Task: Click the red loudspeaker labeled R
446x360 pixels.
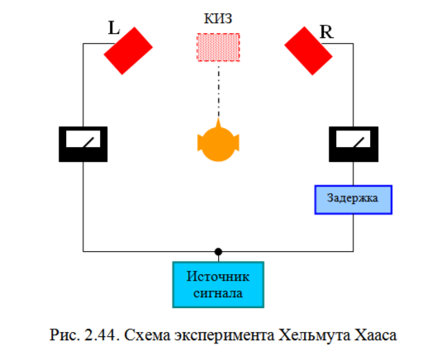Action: [308, 49]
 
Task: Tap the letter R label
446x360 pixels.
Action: [326, 32]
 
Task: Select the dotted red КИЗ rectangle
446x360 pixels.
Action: [218, 46]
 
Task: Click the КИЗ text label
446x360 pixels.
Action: [218, 17]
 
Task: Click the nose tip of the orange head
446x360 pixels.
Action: [218, 121]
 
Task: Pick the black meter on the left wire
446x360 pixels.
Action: [83, 144]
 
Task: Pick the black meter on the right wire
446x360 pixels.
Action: [353, 144]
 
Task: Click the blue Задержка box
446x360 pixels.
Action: [353, 199]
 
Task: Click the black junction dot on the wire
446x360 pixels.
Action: [218, 250]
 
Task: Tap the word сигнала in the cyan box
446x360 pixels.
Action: [218, 291]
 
